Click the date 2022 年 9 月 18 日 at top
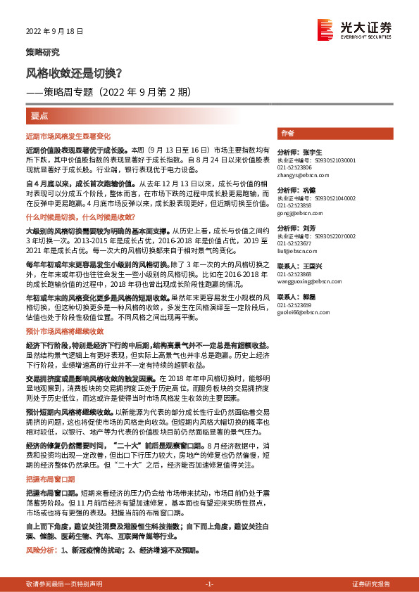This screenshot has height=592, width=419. [x=54, y=32]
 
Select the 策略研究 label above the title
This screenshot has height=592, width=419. [x=42, y=52]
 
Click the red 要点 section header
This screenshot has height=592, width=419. [x=39, y=115]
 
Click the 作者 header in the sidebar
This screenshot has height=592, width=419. [x=287, y=133]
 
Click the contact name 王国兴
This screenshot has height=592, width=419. [x=310, y=266]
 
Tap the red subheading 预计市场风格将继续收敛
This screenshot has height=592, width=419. [x=64, y=331]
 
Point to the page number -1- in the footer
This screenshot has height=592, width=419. [x=209, y=585]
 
